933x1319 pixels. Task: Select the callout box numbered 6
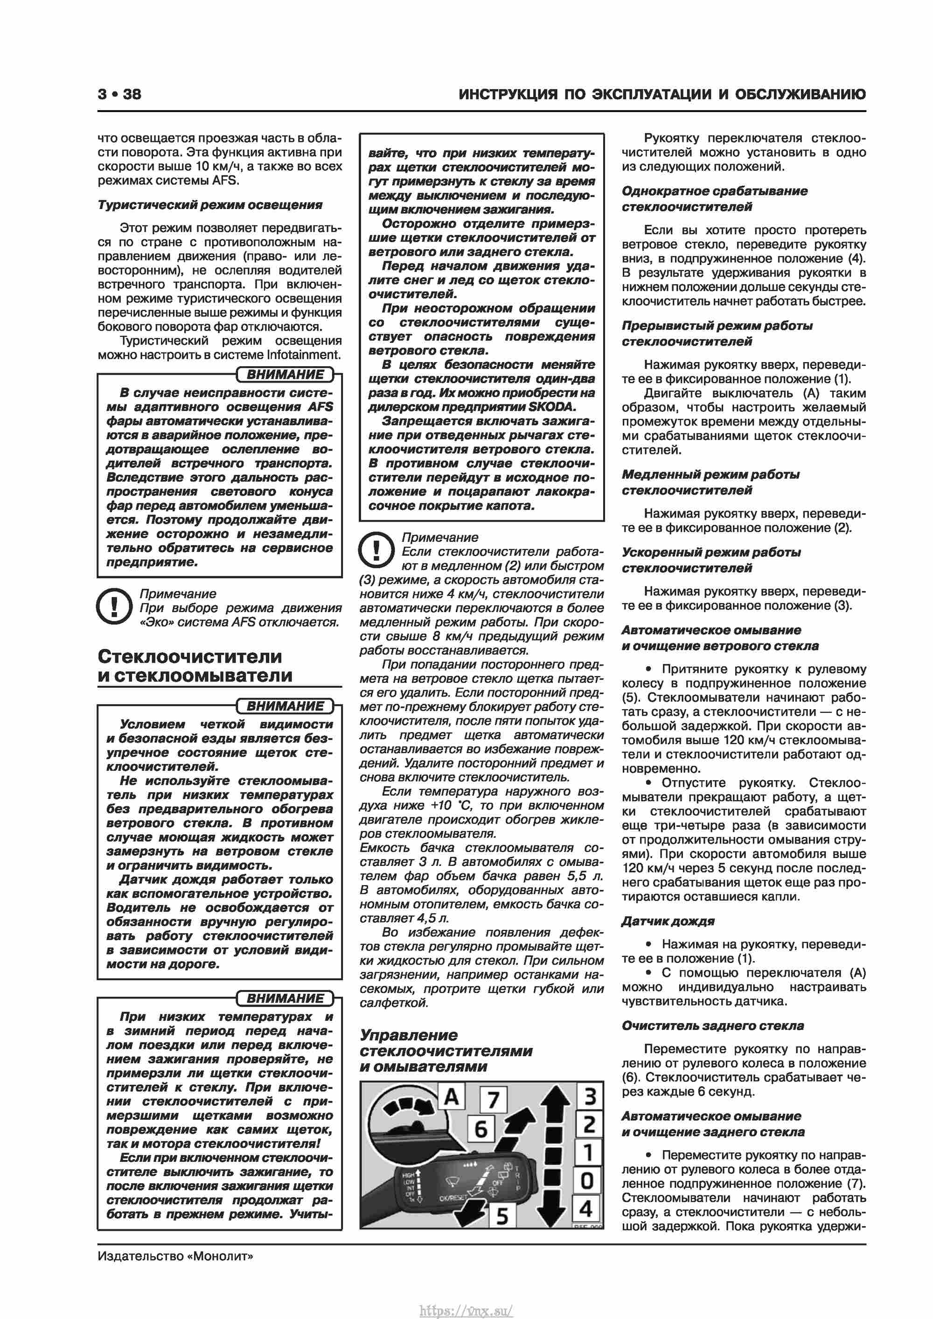pyautogui.click(x=481, y=1129)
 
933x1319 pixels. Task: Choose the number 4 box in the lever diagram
pyautogui.click(x=586, y=1209)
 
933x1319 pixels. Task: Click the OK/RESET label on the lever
pyautogui.click(x=453, y=1198)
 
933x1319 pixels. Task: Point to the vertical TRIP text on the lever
pyautogui.click(x=517, y=1178)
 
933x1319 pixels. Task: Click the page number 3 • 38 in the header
pyautogui.click(x=119, y=94)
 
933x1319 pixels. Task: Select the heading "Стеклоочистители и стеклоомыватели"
pyautogui.click(x=195, y=666)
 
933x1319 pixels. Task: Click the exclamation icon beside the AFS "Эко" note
pyautogui.click(x=115, y=606)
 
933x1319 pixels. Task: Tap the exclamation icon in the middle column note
pyautogui.click(x=376, y=549)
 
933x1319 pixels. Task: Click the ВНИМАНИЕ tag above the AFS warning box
pyautogui.click(x=285, y=375)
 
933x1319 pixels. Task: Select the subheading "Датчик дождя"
pyautogui.click(x=668, y=921)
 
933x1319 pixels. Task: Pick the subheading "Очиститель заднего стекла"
pyautogui.click(x=712, y=1026)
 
